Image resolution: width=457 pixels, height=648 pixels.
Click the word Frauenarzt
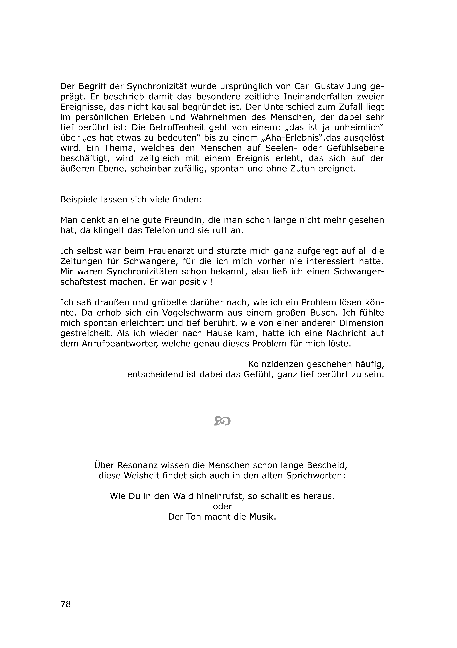pos(173,251)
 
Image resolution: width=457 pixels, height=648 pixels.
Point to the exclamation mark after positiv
pos(212,282)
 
